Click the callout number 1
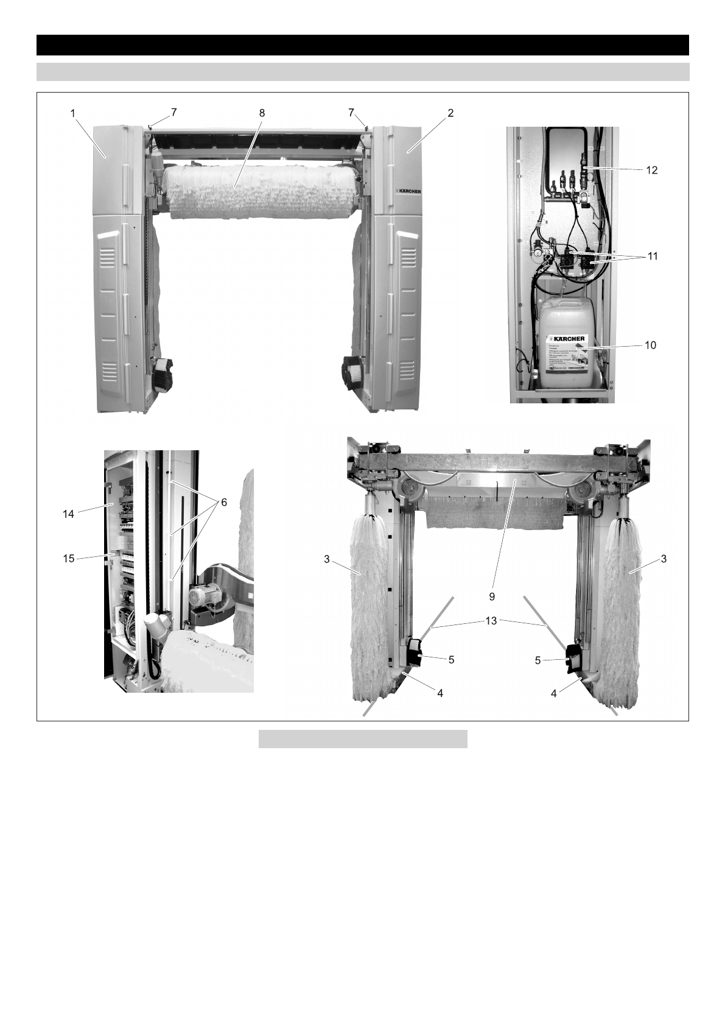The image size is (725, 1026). click(72, 113)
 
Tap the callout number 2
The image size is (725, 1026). click(450, 113)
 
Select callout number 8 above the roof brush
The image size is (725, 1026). click(262, 113)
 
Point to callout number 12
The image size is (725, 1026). click(651, 171)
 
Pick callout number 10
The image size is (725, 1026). click(650, 345)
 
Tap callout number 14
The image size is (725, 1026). click(68, 514)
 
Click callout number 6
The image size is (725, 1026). click(223, 501)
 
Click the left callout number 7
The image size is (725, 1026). click(174, 113)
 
